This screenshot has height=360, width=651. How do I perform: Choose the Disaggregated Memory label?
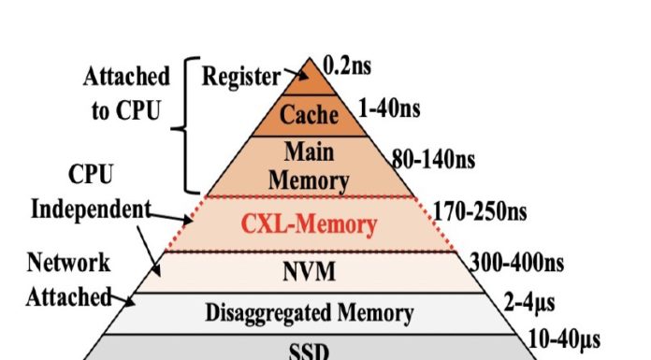pyautogui.click(x=309, y=312)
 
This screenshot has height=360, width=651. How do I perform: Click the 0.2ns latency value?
pyautogui.click(x=348, y=65)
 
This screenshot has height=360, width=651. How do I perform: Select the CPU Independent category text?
pyautogui.click(x=92, y=192)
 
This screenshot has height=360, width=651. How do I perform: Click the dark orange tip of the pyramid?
pyautogui.click(x=308, y=75)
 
